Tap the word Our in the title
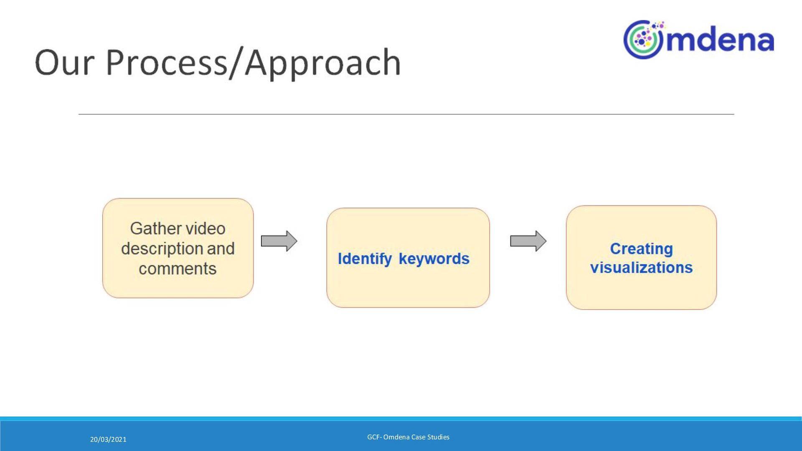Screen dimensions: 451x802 [x=65, y=63]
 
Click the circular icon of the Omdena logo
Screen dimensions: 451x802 [x=643, y=40]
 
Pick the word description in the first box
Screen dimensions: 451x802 [x=161, y=248]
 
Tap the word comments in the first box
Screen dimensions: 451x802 [x=178, y=269]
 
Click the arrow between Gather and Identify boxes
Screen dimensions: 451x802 [x=279, y=241]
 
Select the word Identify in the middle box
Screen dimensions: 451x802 [x=365, y=259]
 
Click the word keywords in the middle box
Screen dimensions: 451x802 [x=434, y=259]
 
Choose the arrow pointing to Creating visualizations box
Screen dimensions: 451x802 [x=528, y=241]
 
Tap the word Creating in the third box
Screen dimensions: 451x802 [x=641, y=249]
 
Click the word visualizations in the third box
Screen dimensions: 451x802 [x=641, y=268]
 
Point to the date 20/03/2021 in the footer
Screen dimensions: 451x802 [x=108, y=439]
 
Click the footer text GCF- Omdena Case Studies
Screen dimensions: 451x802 [x=408, y=437]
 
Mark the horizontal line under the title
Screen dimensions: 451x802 [x=406, y=114]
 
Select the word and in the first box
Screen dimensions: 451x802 [x=221, y=248]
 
